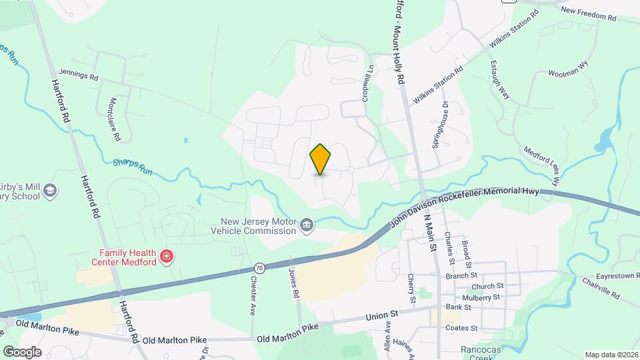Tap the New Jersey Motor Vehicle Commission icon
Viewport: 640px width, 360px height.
coord(307,224)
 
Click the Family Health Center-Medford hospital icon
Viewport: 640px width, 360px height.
coord(167,256)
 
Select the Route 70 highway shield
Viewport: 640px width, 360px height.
coord(260,268)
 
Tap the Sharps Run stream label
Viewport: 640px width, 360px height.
coord(133,165)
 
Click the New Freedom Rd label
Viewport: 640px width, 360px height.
coord(589,11)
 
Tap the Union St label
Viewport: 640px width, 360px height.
coord(384,313)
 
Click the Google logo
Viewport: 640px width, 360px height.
coord(22,351)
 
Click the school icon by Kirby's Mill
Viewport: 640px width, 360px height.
coord(49,191)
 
